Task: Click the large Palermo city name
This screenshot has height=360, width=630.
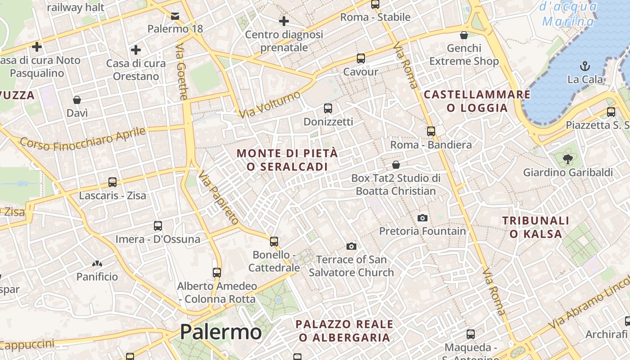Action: (220, 332)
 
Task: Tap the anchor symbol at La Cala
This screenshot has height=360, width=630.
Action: (585, 66)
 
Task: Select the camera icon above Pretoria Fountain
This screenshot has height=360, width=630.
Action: (422, 218)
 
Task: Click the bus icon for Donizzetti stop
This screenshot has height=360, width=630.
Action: (328, 108)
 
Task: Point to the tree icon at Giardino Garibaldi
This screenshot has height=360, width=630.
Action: (567, 158)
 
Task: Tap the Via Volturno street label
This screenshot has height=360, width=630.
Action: (270, 105)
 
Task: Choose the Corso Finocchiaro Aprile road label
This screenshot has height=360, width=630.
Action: (83, 139)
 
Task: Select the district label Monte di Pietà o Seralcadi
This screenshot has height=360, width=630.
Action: (287, 160)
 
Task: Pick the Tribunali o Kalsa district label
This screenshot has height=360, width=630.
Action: (535, 227)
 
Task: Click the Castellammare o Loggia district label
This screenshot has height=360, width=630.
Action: (477, 101)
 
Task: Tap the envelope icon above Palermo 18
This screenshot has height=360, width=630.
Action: (175, 16)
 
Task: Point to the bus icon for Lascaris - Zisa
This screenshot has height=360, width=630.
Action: (112, 182)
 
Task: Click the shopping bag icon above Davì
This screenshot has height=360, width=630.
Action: (77, 99)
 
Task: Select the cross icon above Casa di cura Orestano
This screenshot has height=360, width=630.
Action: (136, 50)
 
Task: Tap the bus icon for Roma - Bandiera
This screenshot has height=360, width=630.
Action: (431, 131)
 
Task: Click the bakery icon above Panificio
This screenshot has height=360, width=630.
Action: (97, 264)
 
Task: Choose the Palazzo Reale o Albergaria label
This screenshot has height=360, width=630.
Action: (344, 331)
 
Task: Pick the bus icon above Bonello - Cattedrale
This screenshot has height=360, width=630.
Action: (274, 242)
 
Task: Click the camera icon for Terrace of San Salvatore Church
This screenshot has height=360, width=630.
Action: (351, 246)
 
